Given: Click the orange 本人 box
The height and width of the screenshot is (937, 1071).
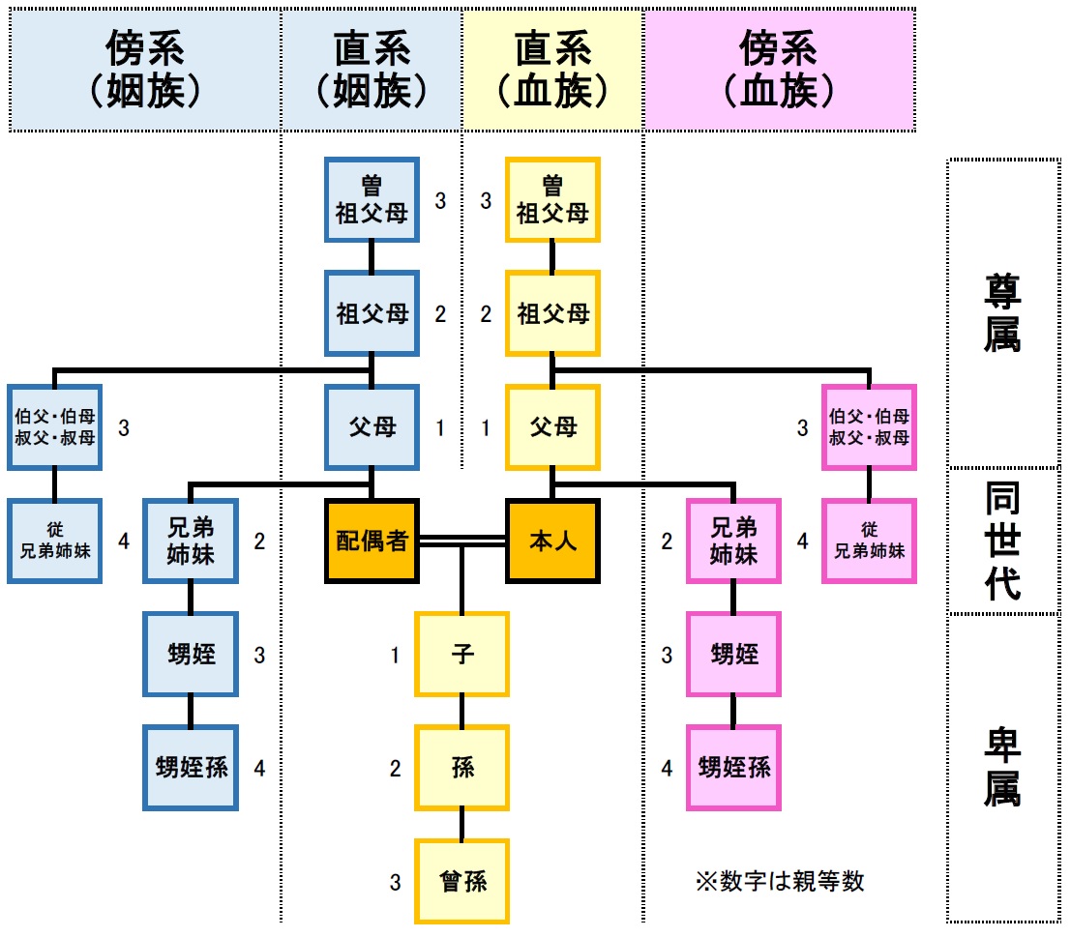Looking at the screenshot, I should (x=553, y=542).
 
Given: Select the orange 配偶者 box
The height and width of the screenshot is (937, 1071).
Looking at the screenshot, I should (x=372, y=542).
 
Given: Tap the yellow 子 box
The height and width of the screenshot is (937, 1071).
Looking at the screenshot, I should (x=462, y=655).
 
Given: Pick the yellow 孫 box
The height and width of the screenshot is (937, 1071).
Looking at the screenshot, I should (x=462, y=768).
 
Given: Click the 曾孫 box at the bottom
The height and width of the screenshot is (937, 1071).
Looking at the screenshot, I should (x=462, y=881).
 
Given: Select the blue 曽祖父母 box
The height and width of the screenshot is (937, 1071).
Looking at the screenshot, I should (x=372, y=201).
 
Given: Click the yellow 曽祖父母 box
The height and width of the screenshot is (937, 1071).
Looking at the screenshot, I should (x=553, y=201).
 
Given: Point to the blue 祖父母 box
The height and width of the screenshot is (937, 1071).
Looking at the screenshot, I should (x=372, y=314).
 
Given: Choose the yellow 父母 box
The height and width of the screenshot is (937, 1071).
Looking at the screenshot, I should (x=553, y=427).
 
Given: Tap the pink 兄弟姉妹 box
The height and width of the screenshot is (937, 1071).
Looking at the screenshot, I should (x=733, y=542).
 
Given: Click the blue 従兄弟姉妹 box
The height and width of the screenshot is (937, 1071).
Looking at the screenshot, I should (x=54, y=542).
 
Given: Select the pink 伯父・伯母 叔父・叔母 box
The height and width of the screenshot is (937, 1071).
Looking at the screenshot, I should (x=869, y=427).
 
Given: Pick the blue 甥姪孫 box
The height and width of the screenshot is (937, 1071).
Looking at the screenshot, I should (x=191, y=768).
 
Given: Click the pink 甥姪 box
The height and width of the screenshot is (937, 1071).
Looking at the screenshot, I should (x=733, y=655).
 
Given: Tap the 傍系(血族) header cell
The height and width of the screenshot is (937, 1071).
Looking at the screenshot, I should (x=780, y=68).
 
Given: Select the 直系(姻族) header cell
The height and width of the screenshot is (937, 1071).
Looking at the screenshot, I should (x=372, y=68).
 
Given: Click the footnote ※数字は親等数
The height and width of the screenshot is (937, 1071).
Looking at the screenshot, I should (x=780, y=881).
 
